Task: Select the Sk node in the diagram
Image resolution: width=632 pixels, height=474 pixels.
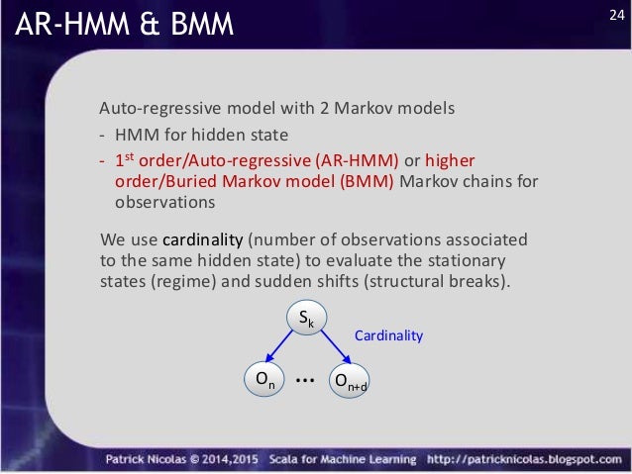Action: tap(306, 319)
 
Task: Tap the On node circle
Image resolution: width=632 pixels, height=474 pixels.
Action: tap(263, 380)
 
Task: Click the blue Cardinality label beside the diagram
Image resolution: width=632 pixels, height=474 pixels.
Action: tap(388, 335)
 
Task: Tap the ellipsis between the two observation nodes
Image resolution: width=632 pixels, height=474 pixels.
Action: tap(305, 379)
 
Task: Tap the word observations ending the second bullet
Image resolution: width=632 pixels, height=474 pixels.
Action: tap(158, 202)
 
